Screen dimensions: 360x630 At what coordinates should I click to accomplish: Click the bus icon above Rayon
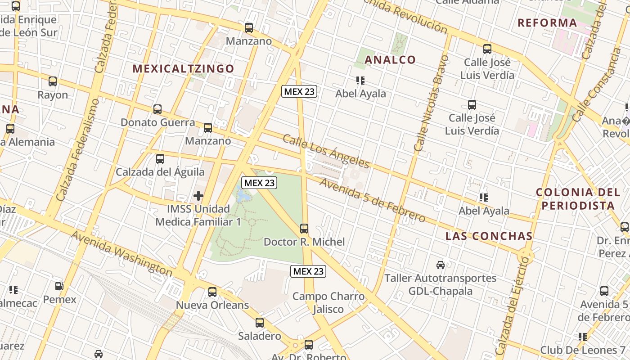(53, 81)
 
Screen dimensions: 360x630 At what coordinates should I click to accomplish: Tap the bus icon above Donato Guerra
(157, 109)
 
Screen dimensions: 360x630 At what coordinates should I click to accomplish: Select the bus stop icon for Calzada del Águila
(160, 158)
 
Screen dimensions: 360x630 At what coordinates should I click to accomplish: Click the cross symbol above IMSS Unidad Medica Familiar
(198, 196)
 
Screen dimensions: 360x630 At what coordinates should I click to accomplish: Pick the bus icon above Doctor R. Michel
(304, 229)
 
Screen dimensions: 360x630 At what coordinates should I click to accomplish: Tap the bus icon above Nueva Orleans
(212, 292)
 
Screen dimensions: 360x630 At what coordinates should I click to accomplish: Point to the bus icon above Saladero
(260, 323)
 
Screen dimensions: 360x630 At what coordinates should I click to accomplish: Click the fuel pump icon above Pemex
(59, 286)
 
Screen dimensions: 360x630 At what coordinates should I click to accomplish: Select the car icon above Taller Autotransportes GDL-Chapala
(441, 265)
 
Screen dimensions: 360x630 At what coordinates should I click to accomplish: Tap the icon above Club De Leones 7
(583, 337)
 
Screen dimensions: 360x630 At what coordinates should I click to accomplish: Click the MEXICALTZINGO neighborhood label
(183, 68)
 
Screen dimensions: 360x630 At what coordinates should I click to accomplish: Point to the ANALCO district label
(390, 59)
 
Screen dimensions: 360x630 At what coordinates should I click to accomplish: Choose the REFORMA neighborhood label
(547, 22)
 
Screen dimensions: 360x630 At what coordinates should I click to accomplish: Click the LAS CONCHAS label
(489, 236)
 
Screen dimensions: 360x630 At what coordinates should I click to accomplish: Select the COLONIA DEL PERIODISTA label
(578, 199)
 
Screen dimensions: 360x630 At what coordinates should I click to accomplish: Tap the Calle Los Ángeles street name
(326, 151)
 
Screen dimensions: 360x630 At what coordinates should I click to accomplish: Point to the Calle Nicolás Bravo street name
(431, 103)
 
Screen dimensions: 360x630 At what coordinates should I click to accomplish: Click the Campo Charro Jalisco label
(328, 302)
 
